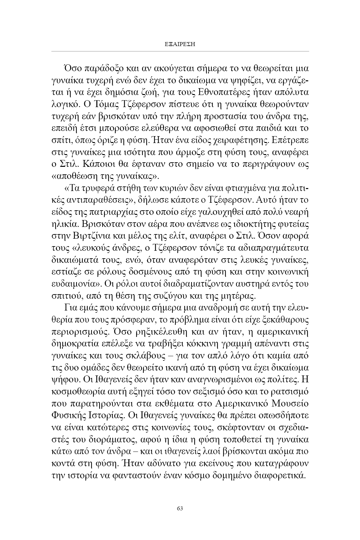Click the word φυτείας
click(296, 224)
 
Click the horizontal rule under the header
click(180, 51)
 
